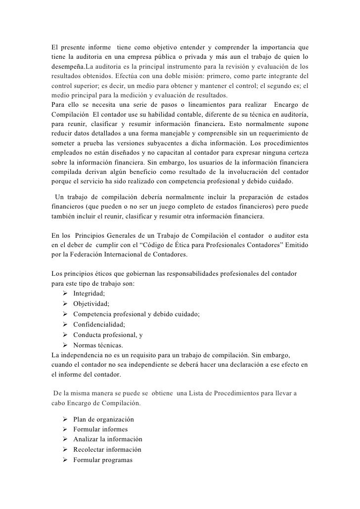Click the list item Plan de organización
(x=103, y=419)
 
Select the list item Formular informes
(x=100, y=429)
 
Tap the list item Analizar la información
(x=107, y=439)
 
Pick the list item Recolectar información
(x=107, y=450)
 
